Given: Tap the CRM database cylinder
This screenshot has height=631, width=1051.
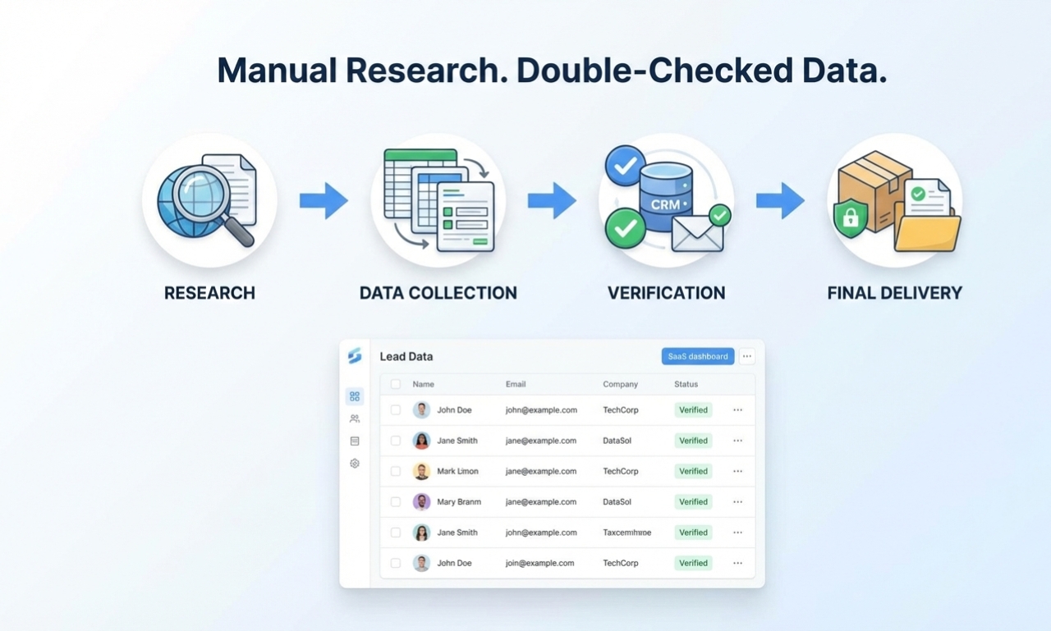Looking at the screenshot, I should [x=665, y=197].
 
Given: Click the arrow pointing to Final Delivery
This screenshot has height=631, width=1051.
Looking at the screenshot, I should [x=780, y=200].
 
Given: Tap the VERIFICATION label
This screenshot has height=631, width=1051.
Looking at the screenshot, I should [x=666, y=293].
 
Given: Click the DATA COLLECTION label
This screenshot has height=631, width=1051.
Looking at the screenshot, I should [x=438, y=293].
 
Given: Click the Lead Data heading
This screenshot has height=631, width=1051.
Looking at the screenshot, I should [x=406, y=357].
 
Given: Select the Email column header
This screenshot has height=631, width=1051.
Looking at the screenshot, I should [x=516, y=384].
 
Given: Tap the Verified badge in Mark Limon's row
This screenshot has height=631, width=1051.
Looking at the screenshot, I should [x=693, y=471].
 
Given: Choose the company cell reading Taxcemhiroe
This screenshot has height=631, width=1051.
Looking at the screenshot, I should [x=626, y=533].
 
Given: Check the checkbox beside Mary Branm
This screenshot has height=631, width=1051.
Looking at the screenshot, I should [x=396, y=502].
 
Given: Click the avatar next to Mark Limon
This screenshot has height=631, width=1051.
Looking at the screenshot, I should [x=421, y=471].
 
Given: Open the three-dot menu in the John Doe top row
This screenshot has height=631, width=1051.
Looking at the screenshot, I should [x=737, y=410].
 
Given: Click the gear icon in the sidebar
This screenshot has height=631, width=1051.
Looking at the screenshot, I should [x=355, y=464].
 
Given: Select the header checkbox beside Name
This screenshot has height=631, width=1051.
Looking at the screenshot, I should [x=396, y=384].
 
